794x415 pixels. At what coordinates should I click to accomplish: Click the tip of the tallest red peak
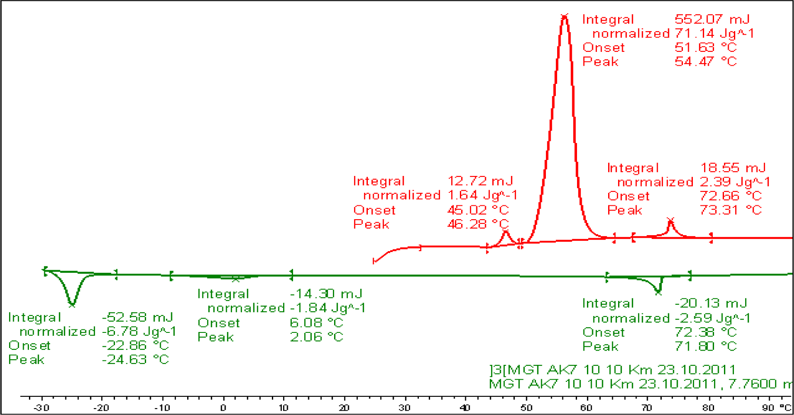[564, 17]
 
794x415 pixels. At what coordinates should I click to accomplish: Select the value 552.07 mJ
[712, 19]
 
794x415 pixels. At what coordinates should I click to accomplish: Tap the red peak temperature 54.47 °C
[705, 61]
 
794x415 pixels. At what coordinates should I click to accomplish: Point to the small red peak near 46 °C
[506, 232]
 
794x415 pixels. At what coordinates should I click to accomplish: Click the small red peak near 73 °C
[670, 221]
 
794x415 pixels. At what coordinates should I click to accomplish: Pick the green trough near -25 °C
[72, 304]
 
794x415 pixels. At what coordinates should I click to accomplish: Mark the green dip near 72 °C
[658, 292]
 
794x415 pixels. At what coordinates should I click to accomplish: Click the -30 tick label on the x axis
[41, 408]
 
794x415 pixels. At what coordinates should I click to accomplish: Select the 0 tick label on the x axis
[223, 408]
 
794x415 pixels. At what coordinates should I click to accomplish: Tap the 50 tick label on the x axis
[526, 408]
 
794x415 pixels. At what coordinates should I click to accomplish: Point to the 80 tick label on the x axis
[708, 408]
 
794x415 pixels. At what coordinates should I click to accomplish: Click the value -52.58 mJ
[137, 317]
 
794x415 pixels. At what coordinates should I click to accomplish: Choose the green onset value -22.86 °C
[135, 345]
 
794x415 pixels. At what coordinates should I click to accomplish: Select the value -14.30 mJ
[326, 294]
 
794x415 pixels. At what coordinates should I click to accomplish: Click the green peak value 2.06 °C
[316, 337]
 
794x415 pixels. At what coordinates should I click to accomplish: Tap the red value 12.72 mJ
[480, 181]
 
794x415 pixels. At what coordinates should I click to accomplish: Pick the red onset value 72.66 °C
[730, 196]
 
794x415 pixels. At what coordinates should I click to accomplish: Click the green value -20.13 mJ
[711, 303]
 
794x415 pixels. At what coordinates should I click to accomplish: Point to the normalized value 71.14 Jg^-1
[714, 33]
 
